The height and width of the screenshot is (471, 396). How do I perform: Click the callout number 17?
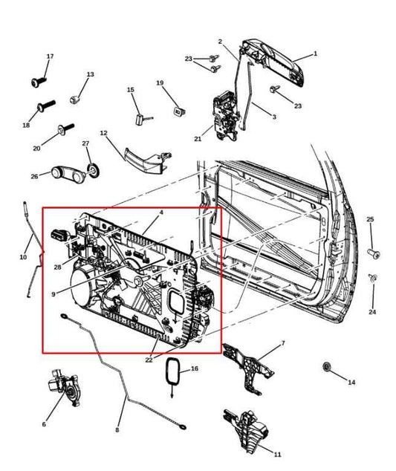pyautogui.click(x=51, y=56)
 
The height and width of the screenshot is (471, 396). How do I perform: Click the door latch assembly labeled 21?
pyautogui.click(x=225, y=111)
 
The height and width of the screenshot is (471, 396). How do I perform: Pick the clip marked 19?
pyautogui.click(x=179, y=111)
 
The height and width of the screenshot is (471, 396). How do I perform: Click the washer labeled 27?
pyautogui.click(x=93, y=170)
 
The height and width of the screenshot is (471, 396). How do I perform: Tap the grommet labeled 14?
pyautogui.click(x=326, y=367)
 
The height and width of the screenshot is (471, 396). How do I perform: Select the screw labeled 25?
pyautogui.click(x=374, y=253)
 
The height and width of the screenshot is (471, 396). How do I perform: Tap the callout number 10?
pyautogui.click(x=22, y=257)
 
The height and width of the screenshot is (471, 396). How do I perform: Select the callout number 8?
pyautogui.click(x=116, y=430)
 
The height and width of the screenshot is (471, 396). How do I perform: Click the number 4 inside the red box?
pyautogui.click(x=160, y=212)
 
